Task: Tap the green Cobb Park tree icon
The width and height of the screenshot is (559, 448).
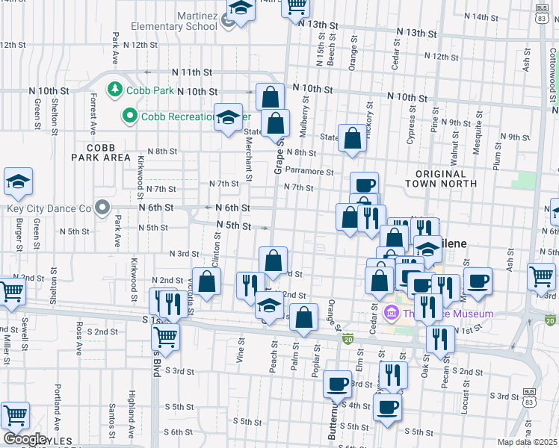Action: pyautogui.click(x=115, y=90)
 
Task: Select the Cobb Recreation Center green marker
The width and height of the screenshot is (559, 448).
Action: pyautogui.click(x=129, y=116)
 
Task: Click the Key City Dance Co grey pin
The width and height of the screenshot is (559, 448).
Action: pyautogui.click(x=102, y=208)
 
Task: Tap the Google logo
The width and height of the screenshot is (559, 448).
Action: pyautogui.click(x=24, y=439)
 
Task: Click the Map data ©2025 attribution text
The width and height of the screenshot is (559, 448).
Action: pyautogui.click(x=526, y=442)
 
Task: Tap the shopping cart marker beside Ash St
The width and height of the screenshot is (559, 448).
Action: pyautogui.click(x=540, y=276)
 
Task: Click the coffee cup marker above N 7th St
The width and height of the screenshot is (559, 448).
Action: pyautogui.click(x=364, y=185)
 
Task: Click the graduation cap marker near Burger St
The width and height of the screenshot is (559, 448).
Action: pyautogui.click(x=18, y=181)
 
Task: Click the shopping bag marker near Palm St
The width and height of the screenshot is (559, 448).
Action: pyautogui.click(x=303, y=317)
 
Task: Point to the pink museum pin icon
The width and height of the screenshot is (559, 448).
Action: pyautogui.click(x=389, y=312)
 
